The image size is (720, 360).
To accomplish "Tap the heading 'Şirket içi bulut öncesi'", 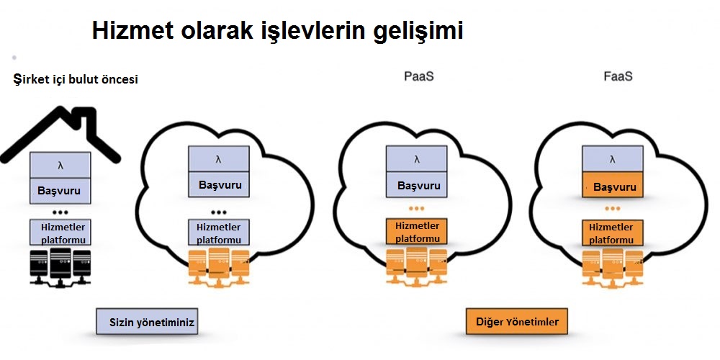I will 76,79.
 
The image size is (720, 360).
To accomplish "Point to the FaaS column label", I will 618,76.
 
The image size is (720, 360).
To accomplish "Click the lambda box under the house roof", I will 60,165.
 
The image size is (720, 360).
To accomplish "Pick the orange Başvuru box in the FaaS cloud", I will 613,186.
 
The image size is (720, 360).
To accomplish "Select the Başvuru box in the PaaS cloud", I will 418,185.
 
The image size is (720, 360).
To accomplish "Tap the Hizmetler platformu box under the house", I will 60,232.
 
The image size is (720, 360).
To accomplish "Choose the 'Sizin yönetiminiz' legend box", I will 147,321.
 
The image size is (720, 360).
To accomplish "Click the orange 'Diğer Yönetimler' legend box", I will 516,321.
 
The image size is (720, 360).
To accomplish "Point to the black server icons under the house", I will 60,267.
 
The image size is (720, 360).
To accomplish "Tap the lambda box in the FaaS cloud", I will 613,159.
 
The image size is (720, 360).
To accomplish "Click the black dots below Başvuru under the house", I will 60,212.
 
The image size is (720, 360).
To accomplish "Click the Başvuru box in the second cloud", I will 219,185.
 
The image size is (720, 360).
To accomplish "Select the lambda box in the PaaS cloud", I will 418,159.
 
